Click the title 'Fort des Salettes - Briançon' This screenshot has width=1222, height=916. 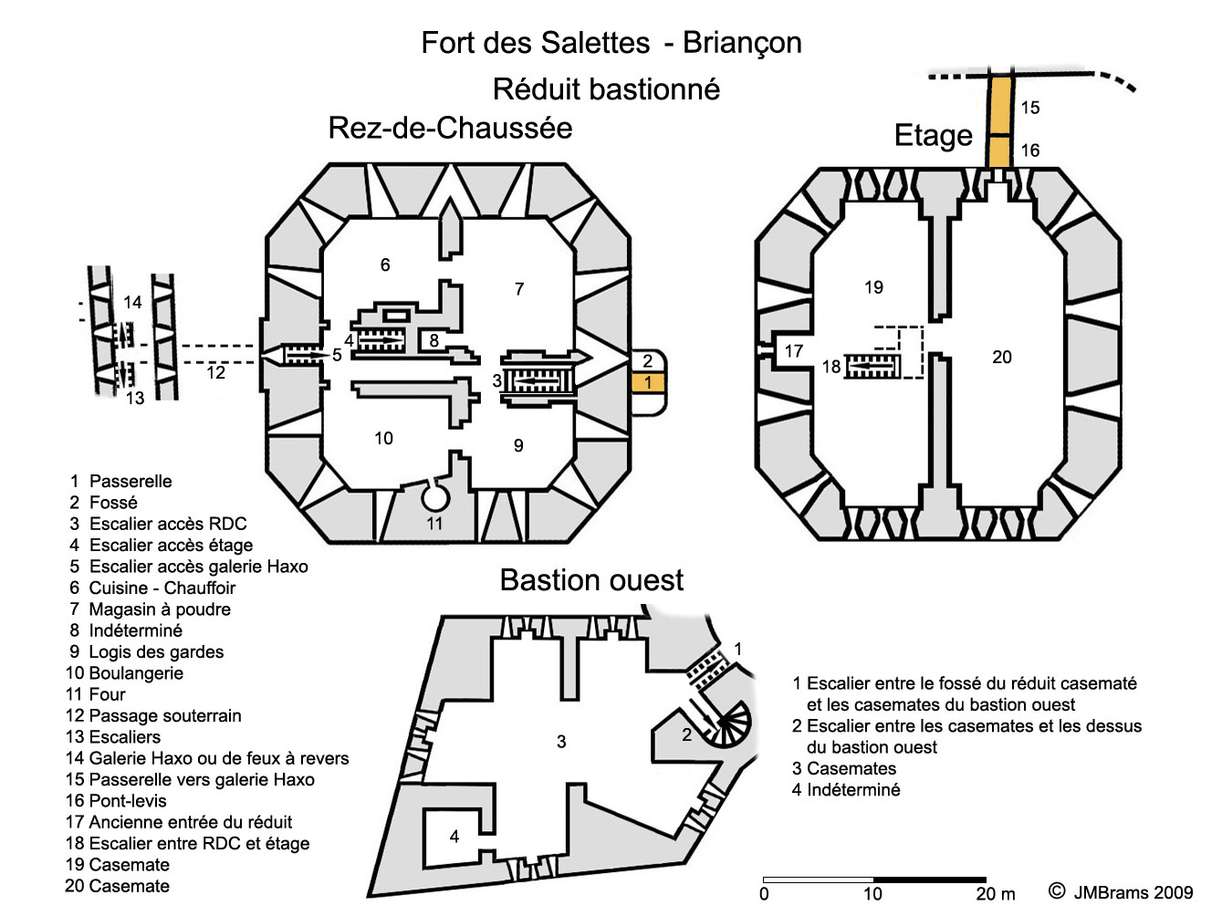[611, 43]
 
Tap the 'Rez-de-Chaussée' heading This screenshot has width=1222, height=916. [450, 128]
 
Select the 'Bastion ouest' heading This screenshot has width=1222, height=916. [591, 580]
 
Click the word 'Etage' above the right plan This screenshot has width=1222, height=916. [933, 135]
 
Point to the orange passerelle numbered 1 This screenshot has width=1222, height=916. [647, 382]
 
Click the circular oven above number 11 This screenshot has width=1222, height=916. [435, 497]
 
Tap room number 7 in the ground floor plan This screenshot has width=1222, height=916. [519, 289]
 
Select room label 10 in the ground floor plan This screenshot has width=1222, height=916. [383, 439]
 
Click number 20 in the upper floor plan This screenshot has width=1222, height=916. [1002, 358]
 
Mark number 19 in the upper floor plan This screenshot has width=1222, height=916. [873, 287]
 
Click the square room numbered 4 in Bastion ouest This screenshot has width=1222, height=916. [453, 836]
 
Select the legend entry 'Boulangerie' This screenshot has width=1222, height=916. [135, 673]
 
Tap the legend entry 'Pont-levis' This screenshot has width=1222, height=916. [127, 801]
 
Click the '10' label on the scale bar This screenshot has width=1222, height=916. [872, 894]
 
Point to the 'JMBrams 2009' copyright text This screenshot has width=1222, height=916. [1133, 892]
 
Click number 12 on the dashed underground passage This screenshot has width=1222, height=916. [215, 372]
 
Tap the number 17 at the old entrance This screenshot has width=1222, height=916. [794, 350]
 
